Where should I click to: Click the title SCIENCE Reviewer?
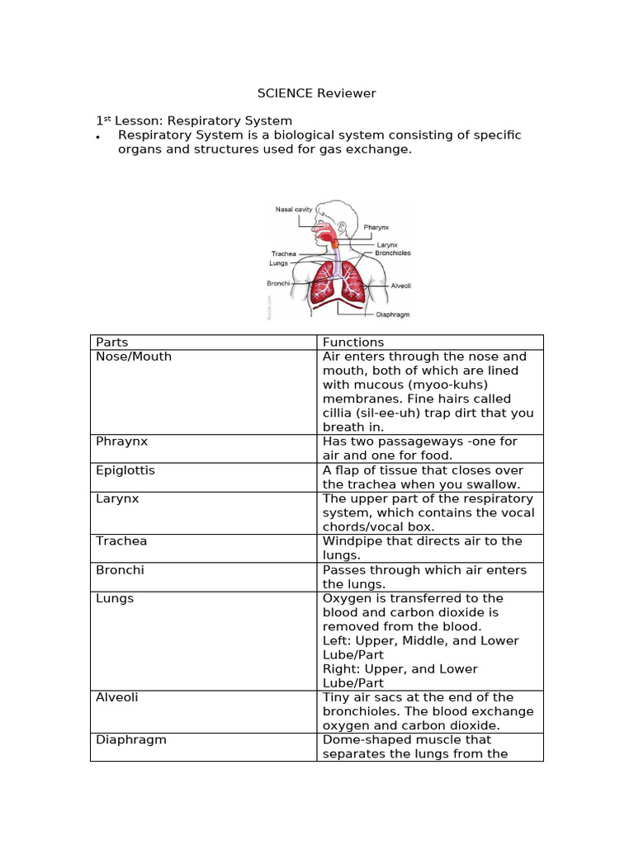coord(316,93)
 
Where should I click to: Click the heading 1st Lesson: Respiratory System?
coord(194,120)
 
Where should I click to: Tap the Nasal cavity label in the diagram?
coord(293,210)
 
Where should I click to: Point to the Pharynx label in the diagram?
coord(376,227)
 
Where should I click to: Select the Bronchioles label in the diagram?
coord(393,253)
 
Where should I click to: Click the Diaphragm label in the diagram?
coord(393,314)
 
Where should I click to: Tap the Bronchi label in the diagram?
coord(278,283)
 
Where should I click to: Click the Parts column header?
coord(112,342)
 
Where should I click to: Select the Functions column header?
coord(353,342)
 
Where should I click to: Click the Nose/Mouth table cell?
coord(134,356)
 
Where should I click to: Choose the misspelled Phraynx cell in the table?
coord(122,441)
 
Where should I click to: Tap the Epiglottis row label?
coord(125,470)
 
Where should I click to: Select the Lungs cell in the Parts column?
coord(115,598)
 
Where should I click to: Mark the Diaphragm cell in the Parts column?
coord(131,739)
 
